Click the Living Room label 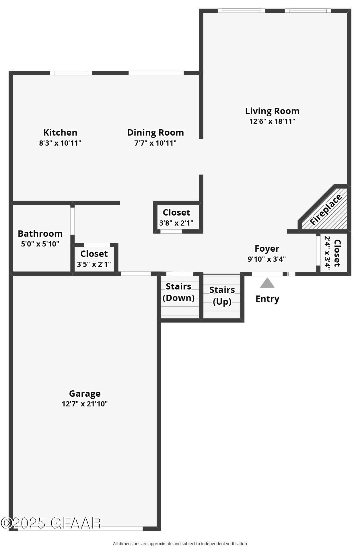click(x=272, y=111)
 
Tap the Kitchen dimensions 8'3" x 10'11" click(x=60, y=143)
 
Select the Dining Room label click(x=155, y=132)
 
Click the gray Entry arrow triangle click(x=267, y=283)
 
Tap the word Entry click(x=267, y=299)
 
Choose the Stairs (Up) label click(x=222, y=295)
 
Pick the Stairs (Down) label click(x=178, y=292)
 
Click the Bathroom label click(x=40, y=234)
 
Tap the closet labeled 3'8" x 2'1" click(x=176, y=217)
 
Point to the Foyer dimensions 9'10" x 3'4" click(x=267, y=259)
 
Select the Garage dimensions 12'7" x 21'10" click(x=85, y=404)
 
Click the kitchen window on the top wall click(x=71, y=73)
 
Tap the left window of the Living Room click(x=241, y=11)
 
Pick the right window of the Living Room click(x=308, y=11)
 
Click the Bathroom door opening click(x=73, y=221)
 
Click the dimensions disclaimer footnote click(x=180, y=543)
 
